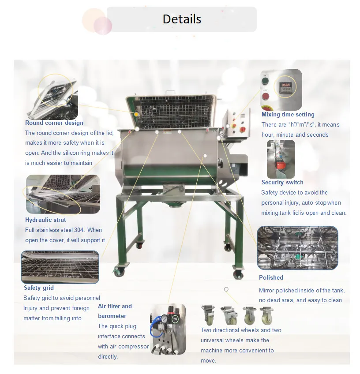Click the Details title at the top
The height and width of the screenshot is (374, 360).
pos(182,19)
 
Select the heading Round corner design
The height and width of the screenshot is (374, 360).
pos(54,123)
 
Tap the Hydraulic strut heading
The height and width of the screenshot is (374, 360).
pos(45,220)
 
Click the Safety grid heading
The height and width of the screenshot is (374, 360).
pos(38,288)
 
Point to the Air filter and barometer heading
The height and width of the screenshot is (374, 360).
pos(115,311)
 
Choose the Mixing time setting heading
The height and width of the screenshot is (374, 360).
pos(288,115)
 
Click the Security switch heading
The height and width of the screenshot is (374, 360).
pos(282,182)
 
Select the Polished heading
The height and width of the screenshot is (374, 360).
pos(271,277)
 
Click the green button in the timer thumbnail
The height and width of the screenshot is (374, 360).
pos(266,81)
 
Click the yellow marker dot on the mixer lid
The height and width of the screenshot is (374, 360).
pos(136,115)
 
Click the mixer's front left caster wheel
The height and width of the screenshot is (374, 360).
pos(119,271)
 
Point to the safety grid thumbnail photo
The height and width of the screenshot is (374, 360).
pos(60,266)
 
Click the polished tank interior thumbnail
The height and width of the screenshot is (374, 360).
pos(297,248)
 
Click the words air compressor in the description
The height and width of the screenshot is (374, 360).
pos(124,346)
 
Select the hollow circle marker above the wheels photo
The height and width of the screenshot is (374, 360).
pos(226,289)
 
